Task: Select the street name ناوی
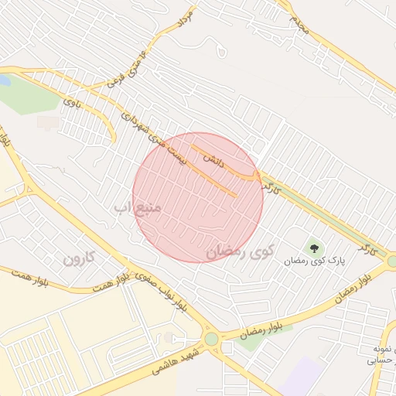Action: point(71,102)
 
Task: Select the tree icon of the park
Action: point(314,248)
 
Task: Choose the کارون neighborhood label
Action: point(78,258)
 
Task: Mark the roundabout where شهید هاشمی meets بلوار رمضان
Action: point(211,338)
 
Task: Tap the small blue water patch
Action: point(4,80)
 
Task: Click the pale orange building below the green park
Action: point(48,122)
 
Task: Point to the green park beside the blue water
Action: point(31,96)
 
